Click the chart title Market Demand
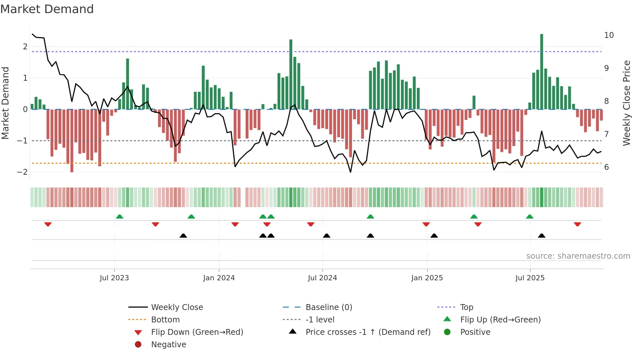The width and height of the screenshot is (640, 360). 47,9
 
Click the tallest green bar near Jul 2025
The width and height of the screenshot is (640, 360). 541,72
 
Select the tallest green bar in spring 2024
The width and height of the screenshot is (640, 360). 291,74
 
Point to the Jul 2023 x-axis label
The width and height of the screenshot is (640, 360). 114,278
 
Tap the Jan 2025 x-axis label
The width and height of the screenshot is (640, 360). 427,278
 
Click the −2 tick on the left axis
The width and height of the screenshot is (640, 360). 22,172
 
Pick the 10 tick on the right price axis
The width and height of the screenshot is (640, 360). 609,35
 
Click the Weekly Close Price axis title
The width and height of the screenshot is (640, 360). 626,103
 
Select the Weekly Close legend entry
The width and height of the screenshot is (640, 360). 177,307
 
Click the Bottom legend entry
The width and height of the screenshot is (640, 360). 165,320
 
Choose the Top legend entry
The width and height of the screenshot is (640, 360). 466,307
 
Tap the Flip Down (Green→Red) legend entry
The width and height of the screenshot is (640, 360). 197,332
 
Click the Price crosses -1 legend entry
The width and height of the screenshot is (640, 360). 368,332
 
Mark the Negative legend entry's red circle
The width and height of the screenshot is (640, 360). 138,345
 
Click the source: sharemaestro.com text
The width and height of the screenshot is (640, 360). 578,256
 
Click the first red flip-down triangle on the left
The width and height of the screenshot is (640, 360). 48,224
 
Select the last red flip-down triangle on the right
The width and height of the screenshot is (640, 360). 577,224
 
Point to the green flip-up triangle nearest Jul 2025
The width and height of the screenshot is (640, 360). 530,217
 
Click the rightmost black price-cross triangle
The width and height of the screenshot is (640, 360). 541,236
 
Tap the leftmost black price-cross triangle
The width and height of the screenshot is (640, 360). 183,236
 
